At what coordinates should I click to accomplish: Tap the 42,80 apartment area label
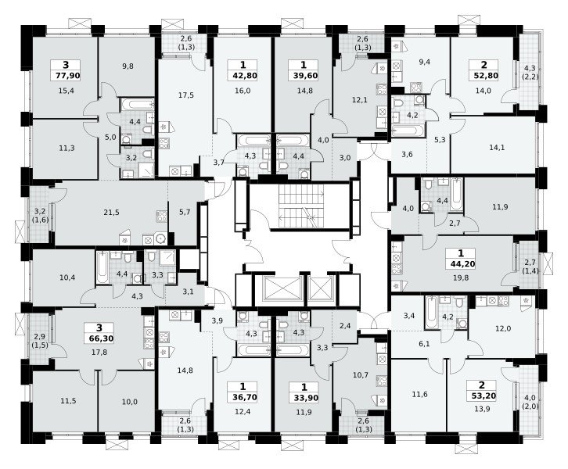[243, 76]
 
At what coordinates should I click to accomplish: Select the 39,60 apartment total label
[304, 76]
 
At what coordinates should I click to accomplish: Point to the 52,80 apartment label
[484, 76]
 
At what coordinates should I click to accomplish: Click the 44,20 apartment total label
[461, 264]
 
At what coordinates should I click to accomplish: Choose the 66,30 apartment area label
[99, 338]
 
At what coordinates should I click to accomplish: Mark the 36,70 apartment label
[243, 397]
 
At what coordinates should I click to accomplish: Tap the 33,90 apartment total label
[304, 398]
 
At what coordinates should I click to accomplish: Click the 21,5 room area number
[111, 213]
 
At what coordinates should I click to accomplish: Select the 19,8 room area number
[460, 278]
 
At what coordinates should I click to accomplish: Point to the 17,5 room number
[186, 95]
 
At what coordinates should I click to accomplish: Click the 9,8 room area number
[128, 66]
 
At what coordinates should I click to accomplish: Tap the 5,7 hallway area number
[185, 212]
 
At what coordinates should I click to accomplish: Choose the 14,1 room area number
[497, 147]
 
